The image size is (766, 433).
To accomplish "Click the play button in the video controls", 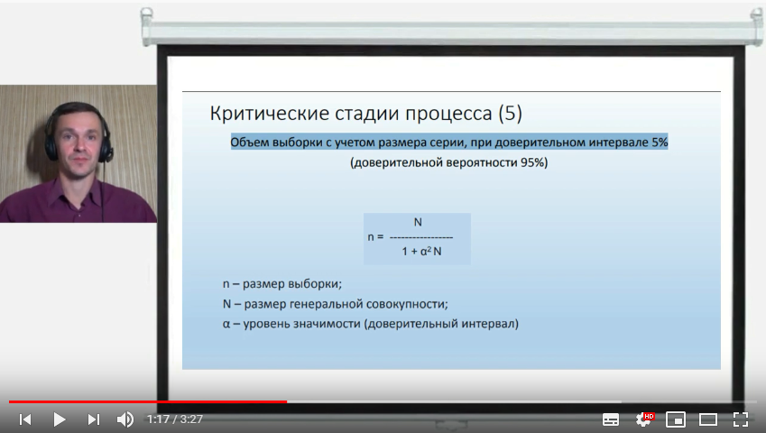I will (60, 419).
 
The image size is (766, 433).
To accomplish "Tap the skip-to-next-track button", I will (93, 419).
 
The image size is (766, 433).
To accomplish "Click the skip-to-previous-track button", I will (25, 419).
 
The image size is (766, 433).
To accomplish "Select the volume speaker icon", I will (125, 419).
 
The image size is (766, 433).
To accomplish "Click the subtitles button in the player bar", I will (611, 419).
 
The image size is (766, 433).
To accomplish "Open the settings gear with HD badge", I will (644, 419).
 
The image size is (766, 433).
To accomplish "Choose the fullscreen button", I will (740, 419).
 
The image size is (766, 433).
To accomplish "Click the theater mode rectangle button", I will (708, 419).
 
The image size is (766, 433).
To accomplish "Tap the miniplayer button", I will (676, 419).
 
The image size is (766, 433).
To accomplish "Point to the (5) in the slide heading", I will (510, 114).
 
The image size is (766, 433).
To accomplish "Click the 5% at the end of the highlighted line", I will (659, 143).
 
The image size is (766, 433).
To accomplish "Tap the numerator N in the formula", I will (418, 222).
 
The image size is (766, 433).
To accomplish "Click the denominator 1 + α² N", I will (421, 252).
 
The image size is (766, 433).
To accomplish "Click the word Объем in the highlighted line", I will (249, 143).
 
